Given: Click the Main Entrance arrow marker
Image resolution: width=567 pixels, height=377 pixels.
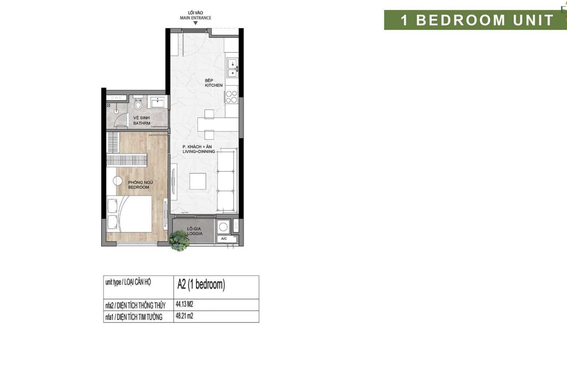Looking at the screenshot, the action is click(195, 23).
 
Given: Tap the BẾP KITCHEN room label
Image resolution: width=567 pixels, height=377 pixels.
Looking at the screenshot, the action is click(214, 83).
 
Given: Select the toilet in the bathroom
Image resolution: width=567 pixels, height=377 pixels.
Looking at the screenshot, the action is click(138, 102).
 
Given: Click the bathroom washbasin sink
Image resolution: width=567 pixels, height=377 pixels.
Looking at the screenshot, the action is click(157, 102).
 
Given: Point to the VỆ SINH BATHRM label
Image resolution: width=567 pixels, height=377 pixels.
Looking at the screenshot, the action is click(142, 121).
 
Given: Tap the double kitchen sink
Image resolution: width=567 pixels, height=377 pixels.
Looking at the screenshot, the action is click(232, 67).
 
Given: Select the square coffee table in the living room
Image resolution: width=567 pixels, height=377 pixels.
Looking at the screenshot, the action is click(198, 181).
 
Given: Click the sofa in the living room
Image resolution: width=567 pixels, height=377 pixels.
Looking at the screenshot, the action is click(227, 180).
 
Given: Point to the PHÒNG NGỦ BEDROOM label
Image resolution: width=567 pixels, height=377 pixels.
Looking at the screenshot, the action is click(140, 185).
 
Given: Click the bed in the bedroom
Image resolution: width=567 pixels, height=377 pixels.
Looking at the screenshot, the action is click(129, 214).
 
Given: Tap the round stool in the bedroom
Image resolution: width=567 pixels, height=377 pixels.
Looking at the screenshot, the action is click(118, 181).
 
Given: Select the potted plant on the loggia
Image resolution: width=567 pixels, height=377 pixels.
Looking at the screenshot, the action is click(179, 240).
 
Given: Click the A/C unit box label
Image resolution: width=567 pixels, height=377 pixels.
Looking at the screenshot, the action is click(224, 239).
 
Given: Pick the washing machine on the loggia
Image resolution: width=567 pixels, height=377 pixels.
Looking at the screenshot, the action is click(223, 227).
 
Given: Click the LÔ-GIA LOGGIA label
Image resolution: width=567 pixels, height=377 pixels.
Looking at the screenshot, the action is click(195, 231).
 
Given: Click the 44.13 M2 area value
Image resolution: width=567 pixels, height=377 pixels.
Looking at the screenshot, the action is click(185, 304).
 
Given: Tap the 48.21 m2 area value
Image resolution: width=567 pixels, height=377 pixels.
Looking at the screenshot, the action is click(185, 316).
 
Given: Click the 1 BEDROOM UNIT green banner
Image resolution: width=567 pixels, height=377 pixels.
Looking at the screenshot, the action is click(475, 20).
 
